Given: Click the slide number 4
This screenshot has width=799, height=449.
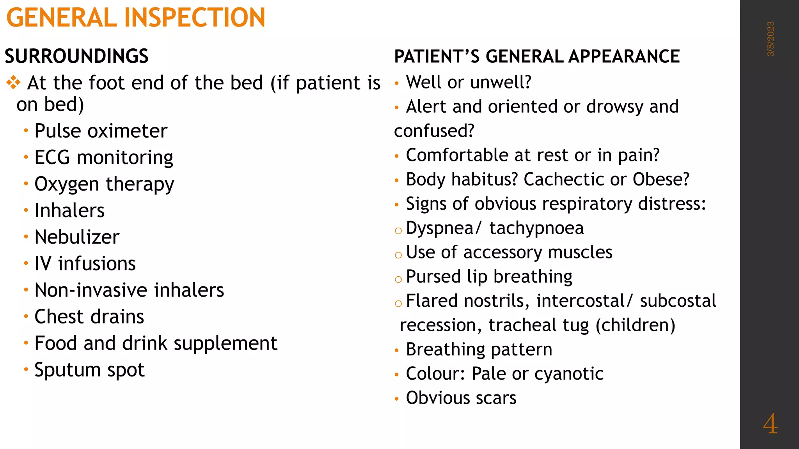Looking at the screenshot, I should (770, 424).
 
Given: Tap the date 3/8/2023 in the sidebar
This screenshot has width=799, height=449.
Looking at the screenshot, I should (771, 39).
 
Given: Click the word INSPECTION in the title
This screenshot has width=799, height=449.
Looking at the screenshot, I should (195, 18).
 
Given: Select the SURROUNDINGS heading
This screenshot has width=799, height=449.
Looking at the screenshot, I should (76, 57).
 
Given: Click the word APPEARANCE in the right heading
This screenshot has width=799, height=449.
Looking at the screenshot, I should (624, 57).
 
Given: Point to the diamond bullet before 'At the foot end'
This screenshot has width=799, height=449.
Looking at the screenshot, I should (13, 83).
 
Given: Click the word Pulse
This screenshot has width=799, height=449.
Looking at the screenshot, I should (58, 131).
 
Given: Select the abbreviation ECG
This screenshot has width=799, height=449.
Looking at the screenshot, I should (52, 157).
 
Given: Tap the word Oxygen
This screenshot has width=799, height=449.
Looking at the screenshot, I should (67, 184).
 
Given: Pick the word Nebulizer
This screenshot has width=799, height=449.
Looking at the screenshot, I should (77, 237).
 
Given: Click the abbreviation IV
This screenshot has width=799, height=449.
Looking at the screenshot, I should (43, 263).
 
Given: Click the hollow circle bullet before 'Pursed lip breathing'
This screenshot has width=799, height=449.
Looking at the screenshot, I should (398, 279).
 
